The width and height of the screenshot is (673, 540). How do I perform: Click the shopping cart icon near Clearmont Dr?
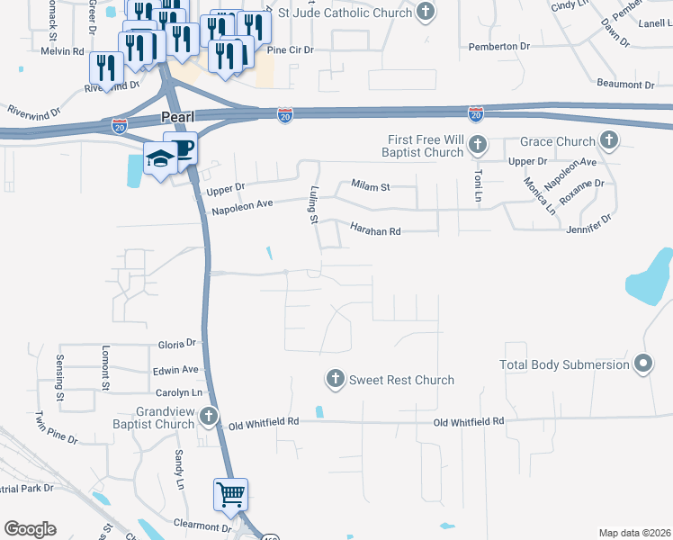(x=230, y=494)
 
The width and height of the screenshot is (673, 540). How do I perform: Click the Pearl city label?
(x=179, y=119)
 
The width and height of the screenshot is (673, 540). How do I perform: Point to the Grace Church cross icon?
(x=609, y=141)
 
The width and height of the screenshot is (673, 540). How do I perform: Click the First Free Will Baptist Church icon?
(x=477, y=145)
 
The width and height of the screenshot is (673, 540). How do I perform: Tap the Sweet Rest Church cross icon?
(x=335, y=380)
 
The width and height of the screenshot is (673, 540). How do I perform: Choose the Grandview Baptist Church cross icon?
(x=209, y=416)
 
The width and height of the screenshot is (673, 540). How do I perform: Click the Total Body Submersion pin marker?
(x=642, y=364)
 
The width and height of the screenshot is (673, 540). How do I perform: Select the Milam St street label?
(x=370, y=187)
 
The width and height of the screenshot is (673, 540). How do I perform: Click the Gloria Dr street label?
(x=175, y=344)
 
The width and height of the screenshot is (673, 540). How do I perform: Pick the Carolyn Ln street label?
(x=177, y=393)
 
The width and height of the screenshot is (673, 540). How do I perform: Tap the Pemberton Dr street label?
(x=501, y=46)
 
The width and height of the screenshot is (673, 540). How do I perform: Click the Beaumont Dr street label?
(x=625, y=85)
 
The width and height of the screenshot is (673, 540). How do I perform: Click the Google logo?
(x=30, y=529)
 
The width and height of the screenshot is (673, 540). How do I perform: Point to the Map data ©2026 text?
(x=633, y=533)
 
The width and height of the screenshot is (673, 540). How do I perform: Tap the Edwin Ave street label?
(x=175, y=370)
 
